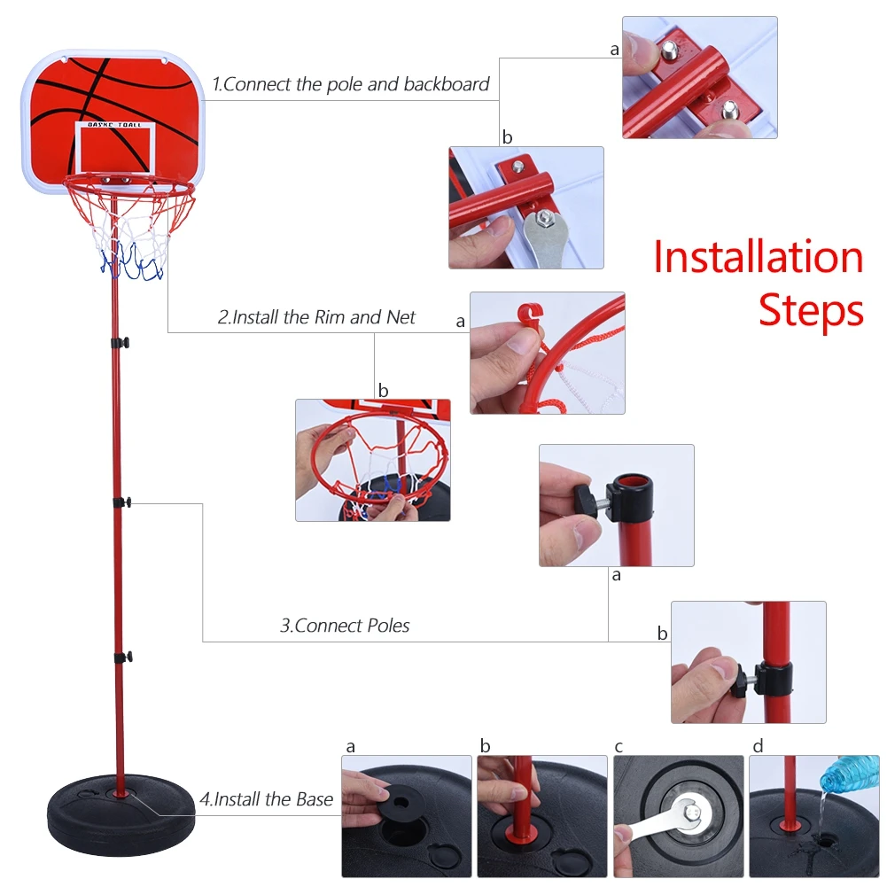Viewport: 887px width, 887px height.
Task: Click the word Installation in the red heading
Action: pos(758,257)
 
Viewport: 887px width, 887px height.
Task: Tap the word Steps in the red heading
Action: pos(810,311)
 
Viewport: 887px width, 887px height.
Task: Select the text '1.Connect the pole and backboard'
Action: pos(351,85)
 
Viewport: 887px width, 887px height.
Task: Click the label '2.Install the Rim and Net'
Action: pos(316,317)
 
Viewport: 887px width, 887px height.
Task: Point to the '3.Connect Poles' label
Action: pos(346,626)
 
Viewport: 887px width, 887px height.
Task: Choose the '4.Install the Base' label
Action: pos(266,799)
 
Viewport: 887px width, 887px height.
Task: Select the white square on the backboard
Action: pos(115,147)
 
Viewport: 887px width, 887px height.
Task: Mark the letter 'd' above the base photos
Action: pos(758,746)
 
